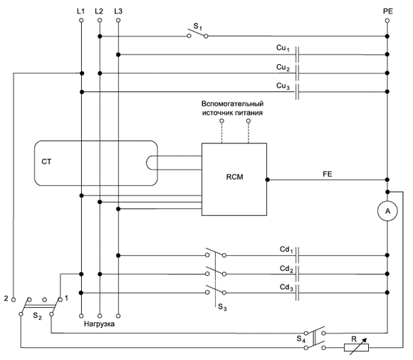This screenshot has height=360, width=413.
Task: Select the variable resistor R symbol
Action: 356,347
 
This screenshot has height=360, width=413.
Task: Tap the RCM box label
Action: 234,177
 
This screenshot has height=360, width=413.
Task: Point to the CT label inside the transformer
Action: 46,162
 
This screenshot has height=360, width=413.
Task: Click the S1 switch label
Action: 197,26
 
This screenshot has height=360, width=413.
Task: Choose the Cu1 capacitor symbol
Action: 297,55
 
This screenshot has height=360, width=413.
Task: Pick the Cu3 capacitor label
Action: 283,86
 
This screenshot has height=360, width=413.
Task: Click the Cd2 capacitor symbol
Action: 297,274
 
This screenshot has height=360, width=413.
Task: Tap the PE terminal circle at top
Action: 387,20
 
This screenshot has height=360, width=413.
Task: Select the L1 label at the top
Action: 81,11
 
